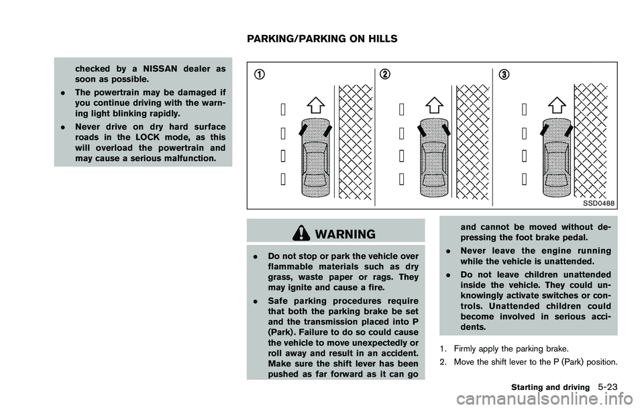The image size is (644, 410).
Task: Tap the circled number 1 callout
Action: tap(258, 74)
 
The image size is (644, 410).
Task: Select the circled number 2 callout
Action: tap(384, 74)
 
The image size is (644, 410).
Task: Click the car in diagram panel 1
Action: tap(315, 158)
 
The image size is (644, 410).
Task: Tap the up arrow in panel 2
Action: tap(434, 105)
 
